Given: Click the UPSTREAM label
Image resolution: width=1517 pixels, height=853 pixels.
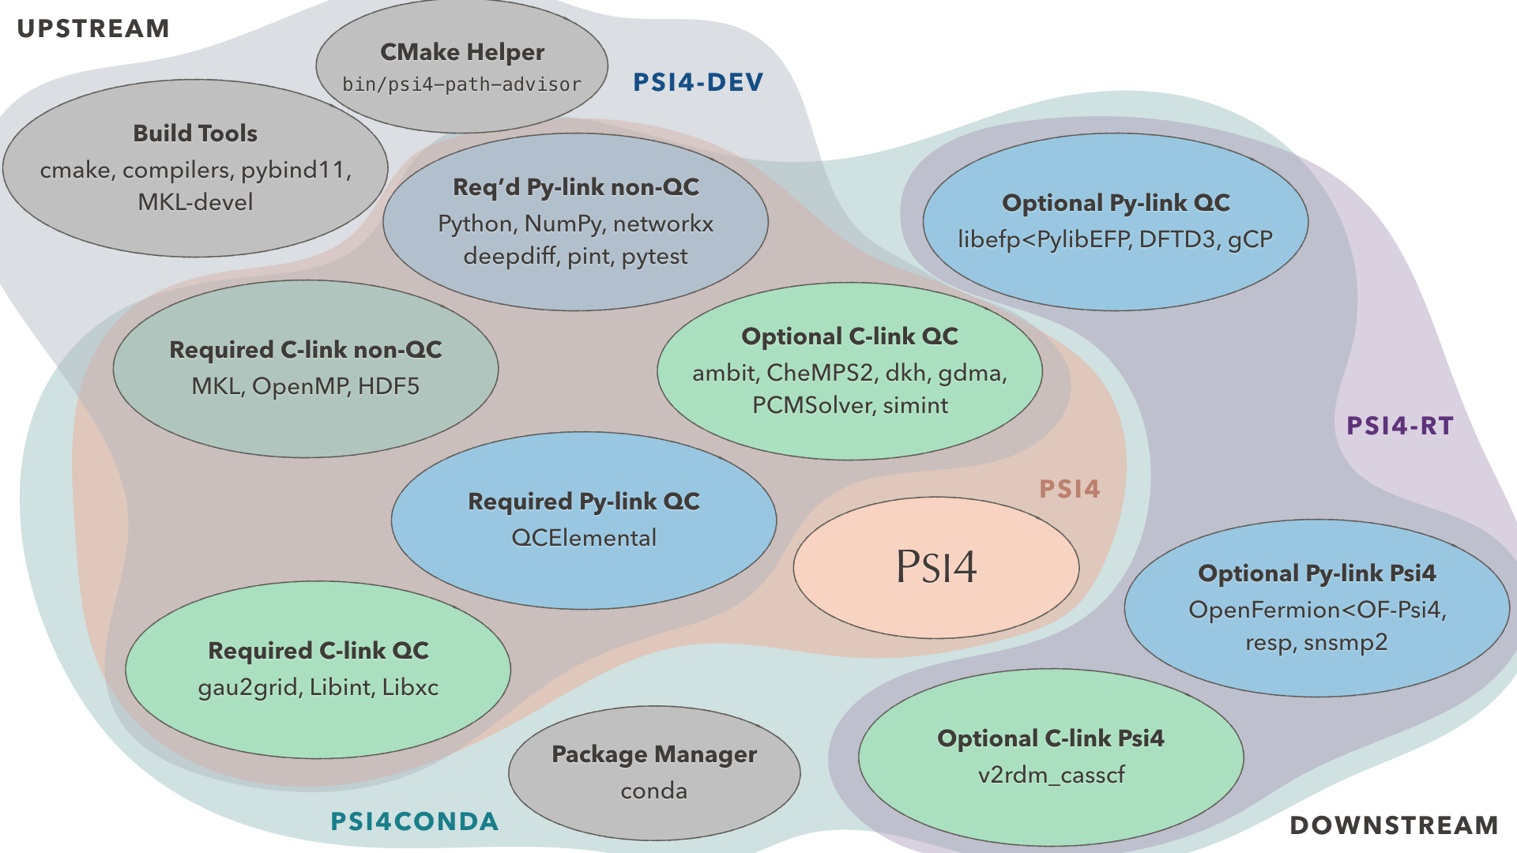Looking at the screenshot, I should (x=93, y=28).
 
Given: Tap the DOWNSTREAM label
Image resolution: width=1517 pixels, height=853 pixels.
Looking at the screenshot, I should (x=1394, y=825).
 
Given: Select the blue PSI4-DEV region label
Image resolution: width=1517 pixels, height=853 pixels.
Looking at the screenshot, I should (x=698, y=82).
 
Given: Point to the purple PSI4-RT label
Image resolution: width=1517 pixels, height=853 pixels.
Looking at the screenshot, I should (x=1400, y=426).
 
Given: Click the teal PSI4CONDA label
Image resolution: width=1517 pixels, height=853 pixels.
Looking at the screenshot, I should (x=414, y=821).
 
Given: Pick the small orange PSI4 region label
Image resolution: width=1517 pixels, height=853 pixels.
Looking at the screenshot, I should (x=1070, y=489).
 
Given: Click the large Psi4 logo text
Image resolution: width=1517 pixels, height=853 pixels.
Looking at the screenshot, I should (x=936, y=567).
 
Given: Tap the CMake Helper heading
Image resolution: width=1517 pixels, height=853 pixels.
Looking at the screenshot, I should (x=462, y=52).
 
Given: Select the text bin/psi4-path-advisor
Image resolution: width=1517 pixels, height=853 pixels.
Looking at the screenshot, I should (x=461, y=85).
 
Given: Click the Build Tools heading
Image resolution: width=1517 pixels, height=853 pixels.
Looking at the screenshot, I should (x=195, y=133).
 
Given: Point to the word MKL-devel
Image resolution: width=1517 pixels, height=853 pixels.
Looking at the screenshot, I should (x=195, y=202).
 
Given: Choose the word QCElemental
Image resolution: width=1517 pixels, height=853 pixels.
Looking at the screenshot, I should (x=584, y=538).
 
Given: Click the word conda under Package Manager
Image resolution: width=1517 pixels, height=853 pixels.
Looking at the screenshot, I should (x=653, y=791).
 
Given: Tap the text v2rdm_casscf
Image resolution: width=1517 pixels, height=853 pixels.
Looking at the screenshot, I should (x=1051, y=775).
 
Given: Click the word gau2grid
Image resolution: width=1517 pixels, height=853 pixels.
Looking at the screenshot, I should (x=248, y=687).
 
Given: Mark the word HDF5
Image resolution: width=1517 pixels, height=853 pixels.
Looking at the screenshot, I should (x=389, y=386).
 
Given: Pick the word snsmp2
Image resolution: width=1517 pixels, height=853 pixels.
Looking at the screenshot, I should (x=1346, y=642).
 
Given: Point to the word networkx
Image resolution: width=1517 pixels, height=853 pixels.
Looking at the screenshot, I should (x=663, y=224).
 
